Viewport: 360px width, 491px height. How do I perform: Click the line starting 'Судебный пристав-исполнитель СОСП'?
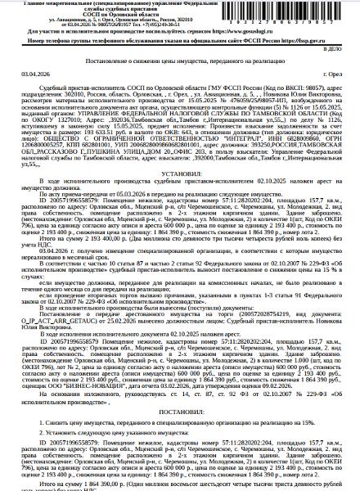(x=115, y=100)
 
